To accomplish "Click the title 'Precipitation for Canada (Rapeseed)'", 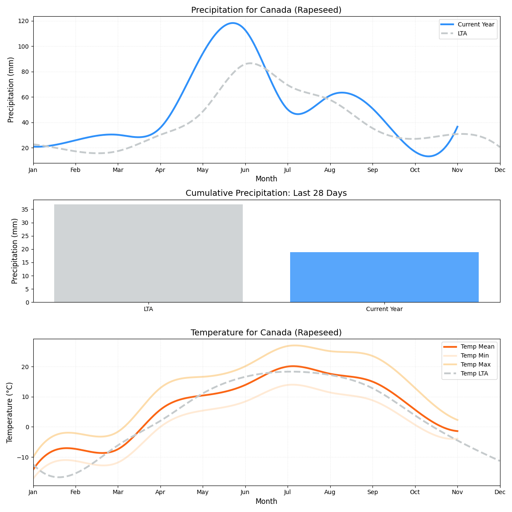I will [x=266, y=10].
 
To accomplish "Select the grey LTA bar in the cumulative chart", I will [x=148, y=253].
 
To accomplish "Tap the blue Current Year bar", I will [x=384, y=277].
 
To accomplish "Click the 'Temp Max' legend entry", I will [x=475, y=364].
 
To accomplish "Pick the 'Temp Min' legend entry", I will [x=474, y=355].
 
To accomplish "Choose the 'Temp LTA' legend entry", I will [x=474, y=373].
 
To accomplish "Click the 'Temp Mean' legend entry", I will [x=477, y=346].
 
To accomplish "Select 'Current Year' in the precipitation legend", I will [x=476, y=24].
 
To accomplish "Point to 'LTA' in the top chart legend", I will [x=462, y=33].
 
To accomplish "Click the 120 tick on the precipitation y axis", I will [x=23, y=21].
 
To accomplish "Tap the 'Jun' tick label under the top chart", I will [x=245, y=170].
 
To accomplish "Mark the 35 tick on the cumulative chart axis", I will [x=25, y=209].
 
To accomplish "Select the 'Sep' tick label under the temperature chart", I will [x=372, y=492].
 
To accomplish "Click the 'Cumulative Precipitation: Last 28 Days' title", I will [x=266, y=193].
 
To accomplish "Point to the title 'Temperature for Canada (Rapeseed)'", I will [x=266, y=332].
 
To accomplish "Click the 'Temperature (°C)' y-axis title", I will [x=10, y=412].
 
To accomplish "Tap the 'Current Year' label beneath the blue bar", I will [x=384, y=309].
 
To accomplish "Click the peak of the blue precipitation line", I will [x=233, y=23].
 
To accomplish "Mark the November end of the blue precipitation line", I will [x=457, y=127].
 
